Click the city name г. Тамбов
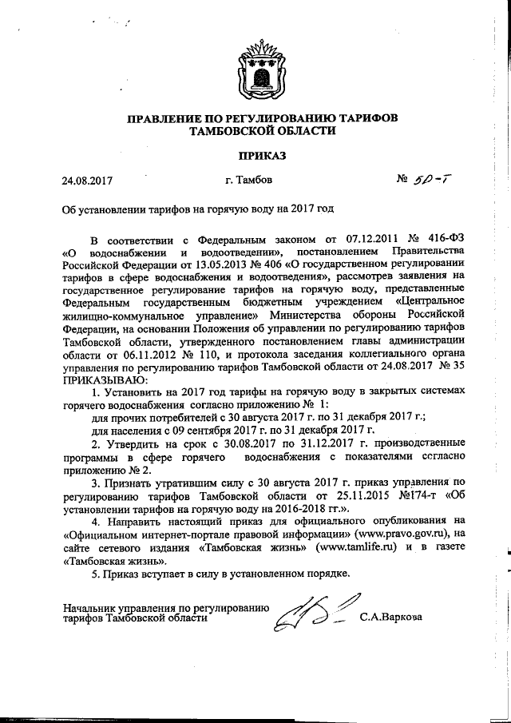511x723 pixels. (248, 180)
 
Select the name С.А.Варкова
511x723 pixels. (390, 617)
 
